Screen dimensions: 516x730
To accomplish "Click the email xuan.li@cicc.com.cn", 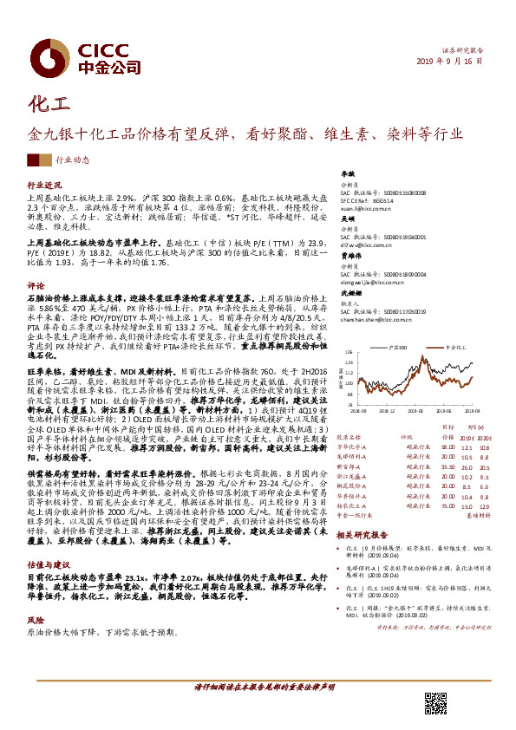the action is tap(366, 209).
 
